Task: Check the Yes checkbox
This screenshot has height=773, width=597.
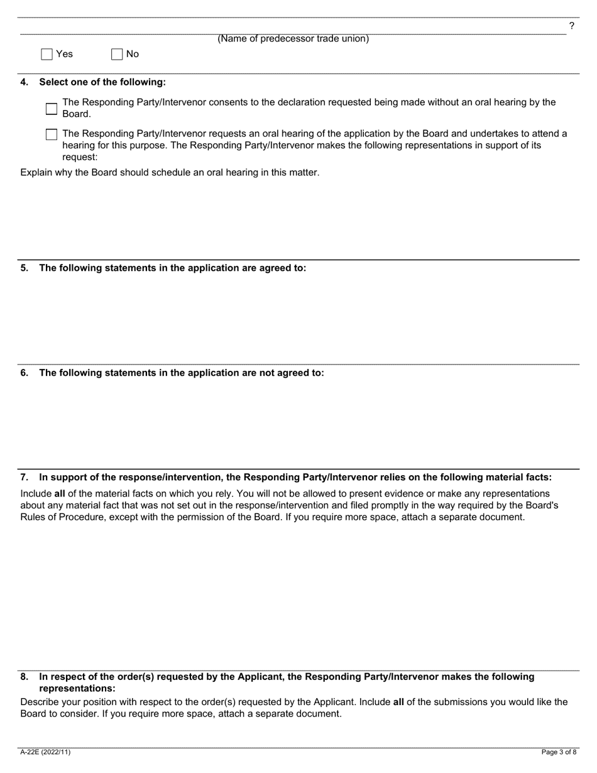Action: click(x=47, y=54)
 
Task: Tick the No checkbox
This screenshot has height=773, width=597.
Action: click(x=117, y=54)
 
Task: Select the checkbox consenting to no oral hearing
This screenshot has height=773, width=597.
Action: click(x=52, y=108)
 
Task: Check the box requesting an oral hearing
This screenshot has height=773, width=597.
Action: click(x=52, y=134)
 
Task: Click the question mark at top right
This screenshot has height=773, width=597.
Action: click(x=571, y=26)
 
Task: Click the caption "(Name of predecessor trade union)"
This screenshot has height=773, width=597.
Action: click(x=293, y=39)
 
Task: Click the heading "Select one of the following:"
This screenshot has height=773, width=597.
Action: click(x=102, y=82)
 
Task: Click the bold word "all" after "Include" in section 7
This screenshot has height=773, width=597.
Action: click(x=60, y=494)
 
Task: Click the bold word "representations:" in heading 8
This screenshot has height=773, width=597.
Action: click(x=77, y=689)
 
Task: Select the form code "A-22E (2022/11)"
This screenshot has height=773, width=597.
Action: click(x=45, y=752)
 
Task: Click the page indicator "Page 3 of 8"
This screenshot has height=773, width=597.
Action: click(x=559, y=752)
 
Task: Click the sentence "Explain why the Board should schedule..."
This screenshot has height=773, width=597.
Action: click(x=170, y=173)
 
